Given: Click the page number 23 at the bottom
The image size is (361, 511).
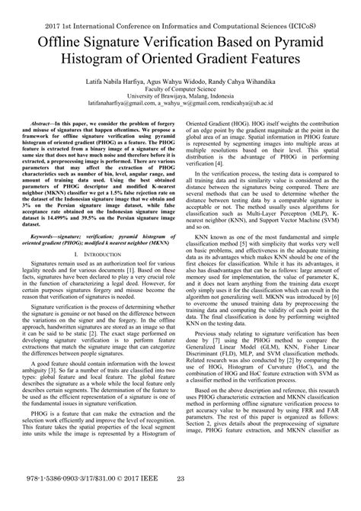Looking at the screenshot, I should [x=180, y=500].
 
